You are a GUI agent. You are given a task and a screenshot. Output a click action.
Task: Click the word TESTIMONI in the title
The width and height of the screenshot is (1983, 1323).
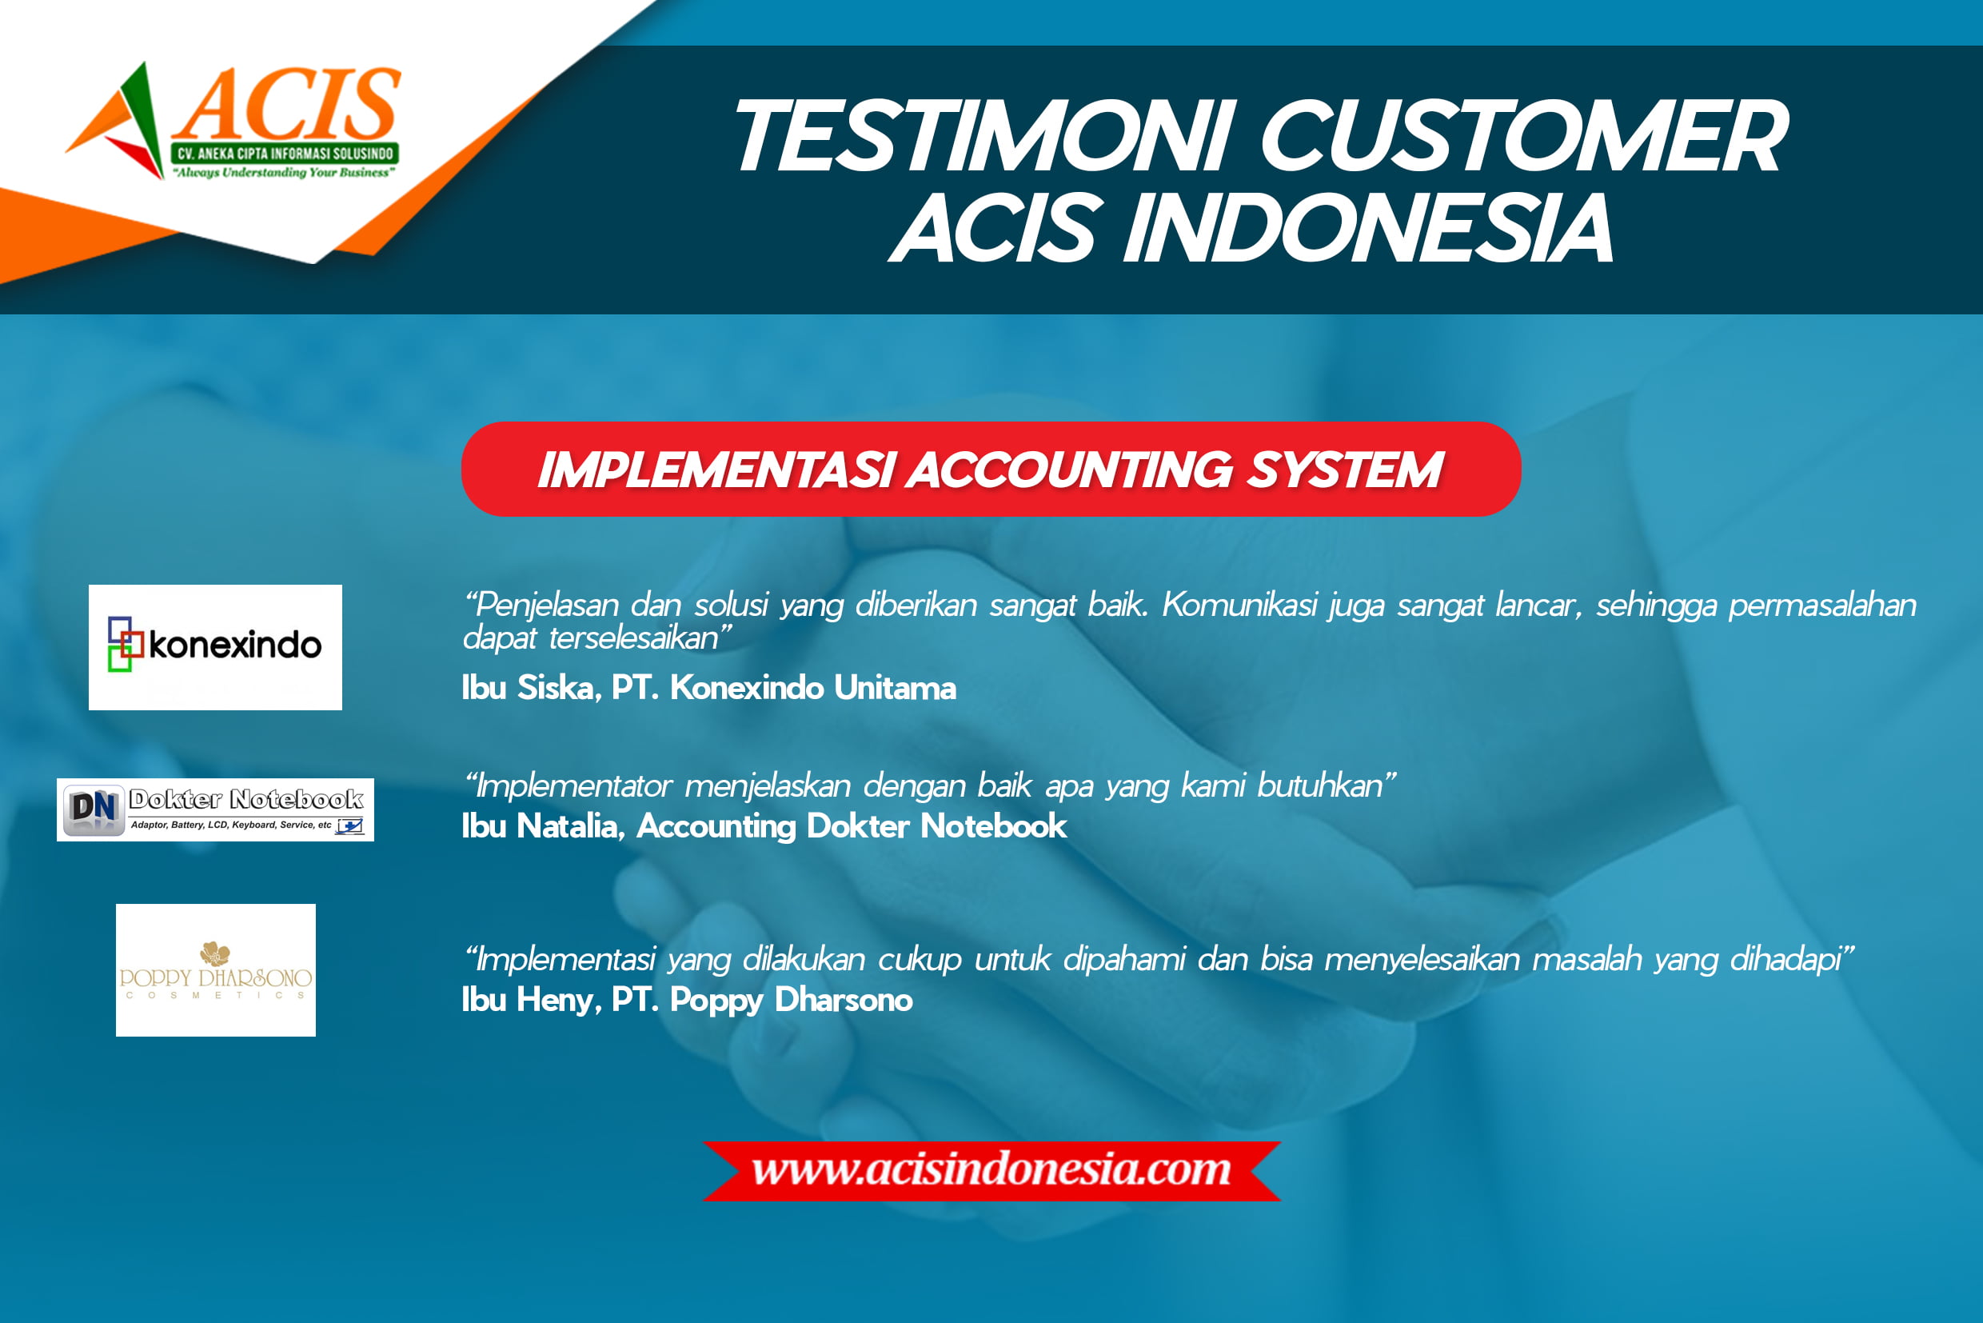coord(986,136)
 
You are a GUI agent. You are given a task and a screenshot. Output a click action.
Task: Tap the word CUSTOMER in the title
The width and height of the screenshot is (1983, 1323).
coord(1523,136)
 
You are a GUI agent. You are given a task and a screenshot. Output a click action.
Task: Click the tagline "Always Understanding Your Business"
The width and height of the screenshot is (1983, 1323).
coord(284,173)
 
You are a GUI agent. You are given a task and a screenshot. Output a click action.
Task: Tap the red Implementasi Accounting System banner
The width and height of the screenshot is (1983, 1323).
coord(991,469)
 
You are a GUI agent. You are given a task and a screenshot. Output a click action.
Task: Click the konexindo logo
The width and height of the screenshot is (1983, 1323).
coord(215,647)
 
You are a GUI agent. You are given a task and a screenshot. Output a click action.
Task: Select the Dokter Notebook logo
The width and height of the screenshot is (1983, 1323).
coord(215,810)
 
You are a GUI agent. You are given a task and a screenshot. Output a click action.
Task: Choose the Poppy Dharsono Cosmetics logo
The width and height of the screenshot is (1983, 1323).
coord(216,970)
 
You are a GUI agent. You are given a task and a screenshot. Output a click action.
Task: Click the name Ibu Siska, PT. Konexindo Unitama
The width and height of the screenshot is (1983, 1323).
coord(708,689)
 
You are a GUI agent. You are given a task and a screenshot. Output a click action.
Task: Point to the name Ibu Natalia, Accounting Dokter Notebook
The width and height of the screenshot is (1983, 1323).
coord(764,827)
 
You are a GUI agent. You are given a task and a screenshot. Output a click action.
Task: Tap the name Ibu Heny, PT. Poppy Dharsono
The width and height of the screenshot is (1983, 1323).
coord(687,1001)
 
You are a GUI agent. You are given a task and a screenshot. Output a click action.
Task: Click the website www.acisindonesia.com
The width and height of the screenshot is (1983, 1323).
coord(992,1170)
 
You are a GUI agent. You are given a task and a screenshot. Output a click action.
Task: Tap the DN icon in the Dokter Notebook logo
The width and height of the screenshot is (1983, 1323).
coord(93,809)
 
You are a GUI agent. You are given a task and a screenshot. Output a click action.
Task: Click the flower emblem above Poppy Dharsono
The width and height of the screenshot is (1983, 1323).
coord(215,954)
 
